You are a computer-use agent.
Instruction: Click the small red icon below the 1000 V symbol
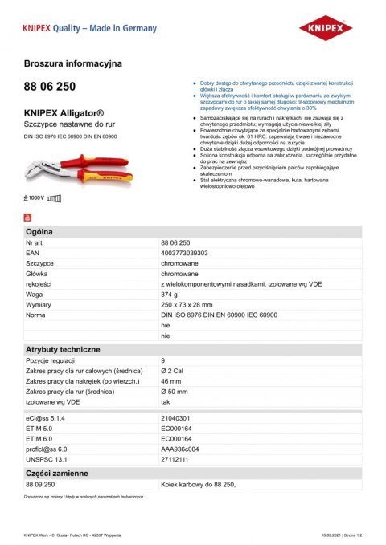tap(29, 216)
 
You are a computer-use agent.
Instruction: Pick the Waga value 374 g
tap(169, 295)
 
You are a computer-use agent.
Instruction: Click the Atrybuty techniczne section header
tap(63, 350)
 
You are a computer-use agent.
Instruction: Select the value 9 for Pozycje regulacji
tap(163, 361)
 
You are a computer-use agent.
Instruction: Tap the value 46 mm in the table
tap(170, 381)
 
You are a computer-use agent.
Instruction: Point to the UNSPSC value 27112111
tap(175, 459)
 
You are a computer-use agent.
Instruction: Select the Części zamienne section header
tap(57, 474)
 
